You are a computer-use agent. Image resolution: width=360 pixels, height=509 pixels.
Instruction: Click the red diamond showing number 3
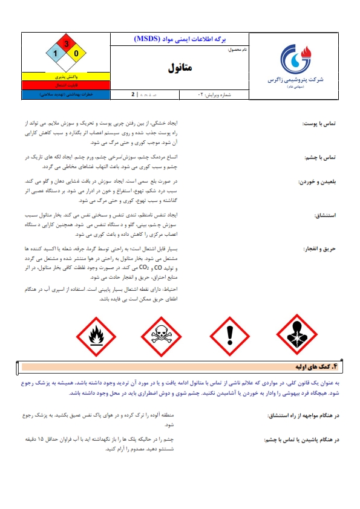tap(66, 44)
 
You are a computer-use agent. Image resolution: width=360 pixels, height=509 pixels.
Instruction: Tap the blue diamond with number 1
tap(56, 54)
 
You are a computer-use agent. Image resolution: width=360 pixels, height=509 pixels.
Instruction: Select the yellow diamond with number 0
tap(76, 54)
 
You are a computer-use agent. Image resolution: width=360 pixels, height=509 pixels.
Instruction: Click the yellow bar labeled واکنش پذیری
tap(65, 77)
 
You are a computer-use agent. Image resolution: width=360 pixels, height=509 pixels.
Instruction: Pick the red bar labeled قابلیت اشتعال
tap(65, 86)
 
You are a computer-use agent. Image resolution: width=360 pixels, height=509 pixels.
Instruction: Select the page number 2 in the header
tap(133, 95)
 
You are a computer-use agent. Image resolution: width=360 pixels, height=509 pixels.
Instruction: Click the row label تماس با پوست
tap(322, 124)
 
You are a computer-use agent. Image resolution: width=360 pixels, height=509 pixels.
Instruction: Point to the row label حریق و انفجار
tap(321, 249)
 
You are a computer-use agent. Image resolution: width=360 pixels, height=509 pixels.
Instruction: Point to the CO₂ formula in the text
tap(145, 266)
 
